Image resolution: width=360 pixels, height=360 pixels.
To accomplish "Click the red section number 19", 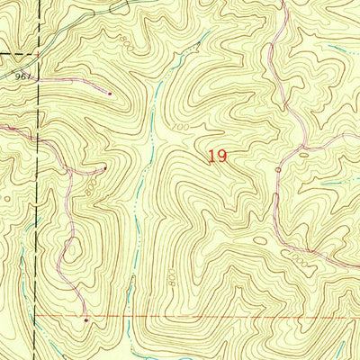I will (216, 156).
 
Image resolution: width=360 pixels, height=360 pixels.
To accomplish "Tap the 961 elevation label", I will (24, 76).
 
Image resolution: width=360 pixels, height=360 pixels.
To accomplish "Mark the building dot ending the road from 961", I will (110, 92).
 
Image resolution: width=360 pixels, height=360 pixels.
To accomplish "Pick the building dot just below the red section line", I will (86, 319).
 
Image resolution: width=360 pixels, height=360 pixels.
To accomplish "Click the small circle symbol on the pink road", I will (278, 169).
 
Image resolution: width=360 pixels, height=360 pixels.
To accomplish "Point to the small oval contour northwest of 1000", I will (260, 240).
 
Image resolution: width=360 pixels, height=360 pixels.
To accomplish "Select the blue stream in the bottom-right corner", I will (346, 301).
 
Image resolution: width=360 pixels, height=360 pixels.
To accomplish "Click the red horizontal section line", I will (225, 317).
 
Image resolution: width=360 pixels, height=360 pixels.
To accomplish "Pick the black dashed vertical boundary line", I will (37, 225).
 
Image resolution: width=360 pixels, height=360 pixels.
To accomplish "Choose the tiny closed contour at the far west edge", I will (7, 197).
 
